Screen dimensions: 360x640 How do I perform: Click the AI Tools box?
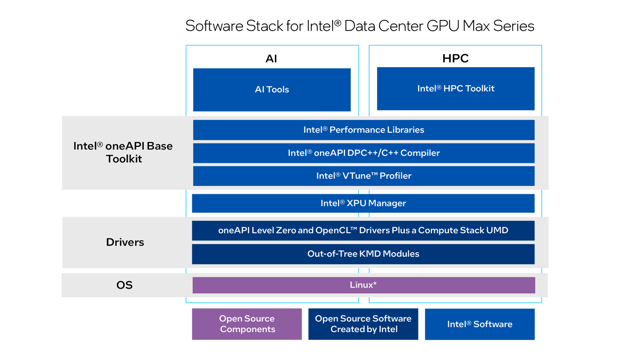click(x=272, y=90)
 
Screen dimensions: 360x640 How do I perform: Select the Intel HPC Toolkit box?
click(x=455, y=89)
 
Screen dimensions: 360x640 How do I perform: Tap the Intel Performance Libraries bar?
click(x=363, y=130)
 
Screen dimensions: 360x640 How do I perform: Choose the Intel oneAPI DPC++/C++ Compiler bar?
click(x=363, y=153)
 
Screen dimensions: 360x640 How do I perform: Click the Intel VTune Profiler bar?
click(x=363, y=176)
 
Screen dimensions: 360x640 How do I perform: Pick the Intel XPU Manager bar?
click(x=363, y=203)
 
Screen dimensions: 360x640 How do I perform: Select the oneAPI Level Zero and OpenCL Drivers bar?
click(x=363, y=230)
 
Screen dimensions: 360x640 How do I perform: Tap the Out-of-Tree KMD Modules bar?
click(x=363, y=254)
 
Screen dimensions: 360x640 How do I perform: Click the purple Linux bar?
click(x=363, y=285)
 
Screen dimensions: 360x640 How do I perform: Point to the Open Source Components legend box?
click(x=247, y=324)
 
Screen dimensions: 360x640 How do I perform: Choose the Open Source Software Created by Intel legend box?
click(x=363, y=324)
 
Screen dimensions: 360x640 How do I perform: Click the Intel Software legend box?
click(x=479, y=324)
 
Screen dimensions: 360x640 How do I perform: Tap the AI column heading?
click(x=271, y=59)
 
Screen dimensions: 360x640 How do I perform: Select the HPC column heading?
click(x=455, y=58)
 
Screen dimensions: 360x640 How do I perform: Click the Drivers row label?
click(x=125, y=242)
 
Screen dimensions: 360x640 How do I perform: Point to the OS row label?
click(x=124, y=285)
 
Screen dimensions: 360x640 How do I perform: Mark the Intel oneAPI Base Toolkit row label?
click(x=123, y=152)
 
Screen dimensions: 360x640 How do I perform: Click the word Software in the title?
click(x=214, y=26)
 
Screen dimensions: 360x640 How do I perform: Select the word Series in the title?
click(x=513, y=26)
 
